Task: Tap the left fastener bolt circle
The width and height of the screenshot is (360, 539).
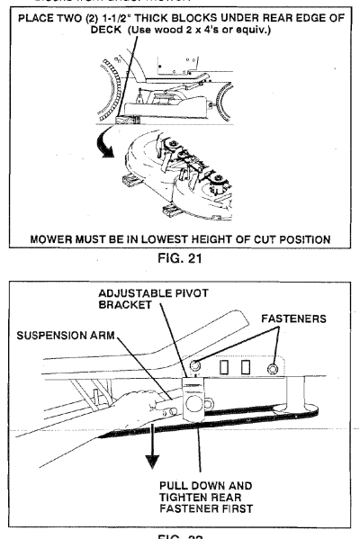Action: (x=192, y=365)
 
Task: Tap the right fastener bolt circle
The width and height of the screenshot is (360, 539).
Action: (x=271, y=366)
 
